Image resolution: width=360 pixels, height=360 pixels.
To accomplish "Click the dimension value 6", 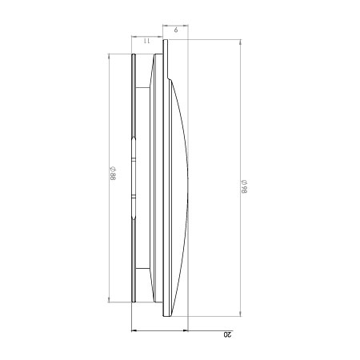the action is (176, 30).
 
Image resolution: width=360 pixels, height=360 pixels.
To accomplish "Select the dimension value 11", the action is (146, 41).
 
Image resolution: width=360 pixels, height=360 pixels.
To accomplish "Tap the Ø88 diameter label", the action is (113, 174).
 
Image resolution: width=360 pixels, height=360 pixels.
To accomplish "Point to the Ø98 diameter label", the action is (244, 186).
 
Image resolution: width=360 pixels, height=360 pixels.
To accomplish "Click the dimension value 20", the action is (228, 334).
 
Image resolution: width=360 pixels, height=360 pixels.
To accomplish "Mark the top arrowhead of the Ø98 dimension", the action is (241, 42).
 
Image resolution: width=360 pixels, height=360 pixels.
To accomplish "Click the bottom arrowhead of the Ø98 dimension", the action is (241, 314).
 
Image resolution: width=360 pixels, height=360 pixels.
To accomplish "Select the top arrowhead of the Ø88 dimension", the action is (109, 57).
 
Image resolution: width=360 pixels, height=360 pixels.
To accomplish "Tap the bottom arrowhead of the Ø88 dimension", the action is (109, 299).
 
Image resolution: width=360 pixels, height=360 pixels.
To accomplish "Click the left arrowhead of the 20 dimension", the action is (134, 330).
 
